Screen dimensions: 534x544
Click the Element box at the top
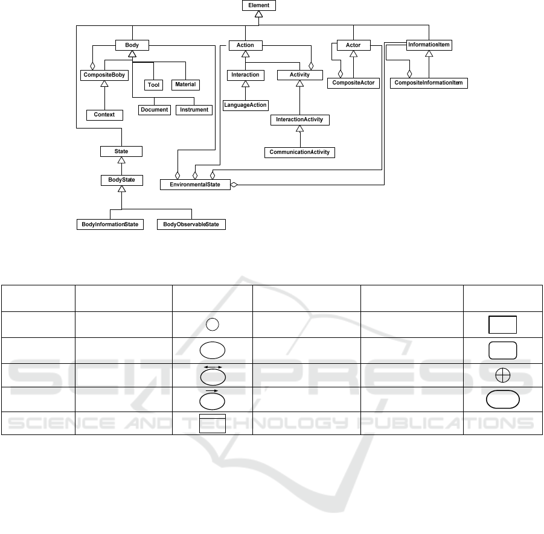click(258, 5)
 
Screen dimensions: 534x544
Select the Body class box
click(132, 45)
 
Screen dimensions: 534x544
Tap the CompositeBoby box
click(104, 75)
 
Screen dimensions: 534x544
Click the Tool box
click(154, 85)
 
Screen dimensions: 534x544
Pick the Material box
click(185, 84)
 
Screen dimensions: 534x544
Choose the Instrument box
click(194, 110)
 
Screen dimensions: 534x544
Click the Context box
click(104, 115)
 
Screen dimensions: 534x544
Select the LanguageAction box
click(245, 105)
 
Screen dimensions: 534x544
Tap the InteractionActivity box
click(299, 119)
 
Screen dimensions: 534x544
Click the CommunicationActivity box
click(299, 152)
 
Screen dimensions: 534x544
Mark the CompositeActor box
click(353, 83)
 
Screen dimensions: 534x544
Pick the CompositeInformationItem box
click(429, 83)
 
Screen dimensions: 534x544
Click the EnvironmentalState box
click(195, 185)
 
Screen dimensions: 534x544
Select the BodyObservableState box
click(191, 224)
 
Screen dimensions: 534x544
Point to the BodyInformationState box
click(110, 224)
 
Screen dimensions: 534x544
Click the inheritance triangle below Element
click(258, 14)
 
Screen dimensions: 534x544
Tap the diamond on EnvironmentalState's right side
click(235, 185)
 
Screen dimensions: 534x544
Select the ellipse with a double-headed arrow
click(213, 376)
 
